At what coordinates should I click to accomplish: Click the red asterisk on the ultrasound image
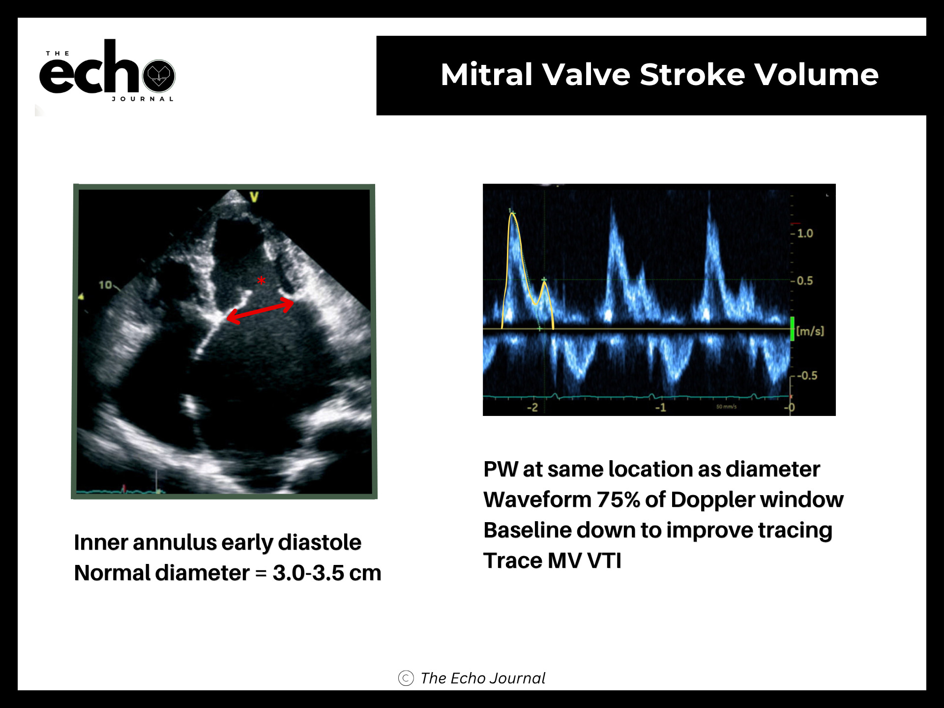[261, 281]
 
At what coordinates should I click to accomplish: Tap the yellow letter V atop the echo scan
[254, 197]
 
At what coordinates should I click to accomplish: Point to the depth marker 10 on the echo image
[105, 285]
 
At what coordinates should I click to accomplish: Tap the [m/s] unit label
[810, 331]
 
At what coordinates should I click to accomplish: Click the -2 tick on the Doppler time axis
[532, 407]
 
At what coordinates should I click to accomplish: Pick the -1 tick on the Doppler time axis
[660, 407]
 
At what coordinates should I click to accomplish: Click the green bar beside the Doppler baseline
[792, 328]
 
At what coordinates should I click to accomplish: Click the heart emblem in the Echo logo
[159, 76]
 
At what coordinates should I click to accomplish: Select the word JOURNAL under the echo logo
[143, 99]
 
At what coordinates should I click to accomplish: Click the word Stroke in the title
[692, 75]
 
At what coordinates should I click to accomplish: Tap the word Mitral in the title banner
[487, 75]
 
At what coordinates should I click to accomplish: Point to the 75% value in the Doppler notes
[618, 500]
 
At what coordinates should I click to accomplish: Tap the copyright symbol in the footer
[406, 678]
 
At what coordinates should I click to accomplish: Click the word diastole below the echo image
[320, 542]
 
